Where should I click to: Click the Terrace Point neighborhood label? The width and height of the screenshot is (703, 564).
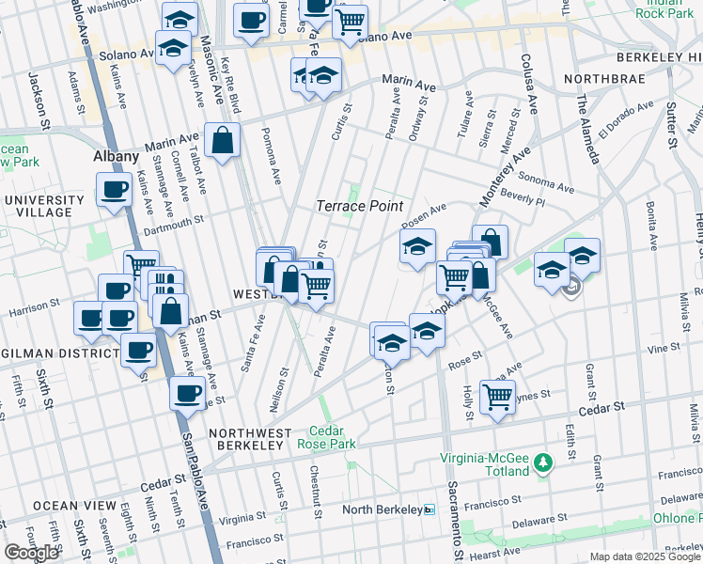(359, 206)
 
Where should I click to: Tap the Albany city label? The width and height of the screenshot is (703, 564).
(117, 157)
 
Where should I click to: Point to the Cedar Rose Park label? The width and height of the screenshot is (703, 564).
(326, 437)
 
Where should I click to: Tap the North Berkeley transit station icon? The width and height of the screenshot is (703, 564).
(430, 509)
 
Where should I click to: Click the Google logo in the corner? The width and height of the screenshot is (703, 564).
(31, 553)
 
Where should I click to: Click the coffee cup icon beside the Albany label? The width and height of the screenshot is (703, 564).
(116, 190)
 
